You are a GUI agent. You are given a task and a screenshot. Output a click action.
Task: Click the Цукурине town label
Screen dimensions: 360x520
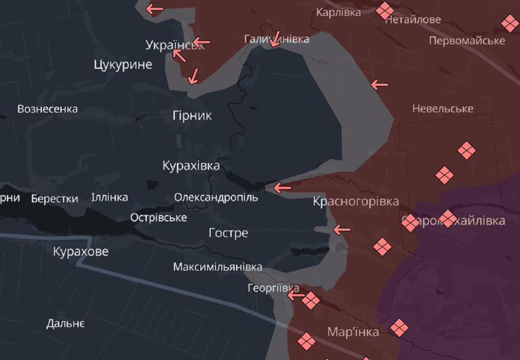click(123, 65)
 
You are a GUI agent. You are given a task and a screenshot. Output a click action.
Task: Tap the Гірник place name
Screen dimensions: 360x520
click(192, 115)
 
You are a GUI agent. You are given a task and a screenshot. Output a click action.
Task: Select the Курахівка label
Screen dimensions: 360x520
click(191, 166)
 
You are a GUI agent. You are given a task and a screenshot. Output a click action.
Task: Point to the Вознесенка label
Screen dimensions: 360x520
click(48, 109)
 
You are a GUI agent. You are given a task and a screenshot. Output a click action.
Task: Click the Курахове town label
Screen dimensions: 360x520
click(81, 251)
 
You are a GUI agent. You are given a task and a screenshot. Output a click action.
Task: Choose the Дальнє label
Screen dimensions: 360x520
click(65, 323)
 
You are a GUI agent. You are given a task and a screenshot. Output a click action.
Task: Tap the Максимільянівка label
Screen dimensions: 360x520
click(218, 267)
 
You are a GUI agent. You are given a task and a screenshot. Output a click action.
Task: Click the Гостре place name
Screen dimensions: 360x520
click(228, 233)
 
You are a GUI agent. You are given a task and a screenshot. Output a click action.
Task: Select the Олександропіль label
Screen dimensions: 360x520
click(216, 198)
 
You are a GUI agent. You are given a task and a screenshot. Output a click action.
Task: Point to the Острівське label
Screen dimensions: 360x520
click(159, 217)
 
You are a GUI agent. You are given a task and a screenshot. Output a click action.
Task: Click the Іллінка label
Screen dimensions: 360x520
click(110, 198)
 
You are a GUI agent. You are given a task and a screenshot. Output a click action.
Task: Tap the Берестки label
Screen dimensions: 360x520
click(55, 199)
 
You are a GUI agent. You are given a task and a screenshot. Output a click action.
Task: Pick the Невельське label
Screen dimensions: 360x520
click(443, 108)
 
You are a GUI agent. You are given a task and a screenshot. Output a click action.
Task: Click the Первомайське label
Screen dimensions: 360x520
click(467, 40)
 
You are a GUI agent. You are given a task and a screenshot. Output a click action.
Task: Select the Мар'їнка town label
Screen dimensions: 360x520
click(353, 332)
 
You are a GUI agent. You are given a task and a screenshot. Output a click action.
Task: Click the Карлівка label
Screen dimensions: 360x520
click(339, 12)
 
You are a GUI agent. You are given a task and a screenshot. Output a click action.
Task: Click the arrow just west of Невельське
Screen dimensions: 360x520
click(379, 85)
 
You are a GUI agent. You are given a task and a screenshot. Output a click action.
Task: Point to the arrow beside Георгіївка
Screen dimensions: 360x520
click(295, 296)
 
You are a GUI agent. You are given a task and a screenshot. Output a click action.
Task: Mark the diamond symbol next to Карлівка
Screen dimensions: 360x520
click(384, 10)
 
